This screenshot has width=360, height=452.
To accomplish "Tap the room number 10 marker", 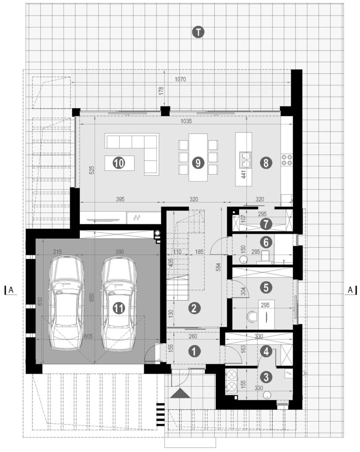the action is [x=119, y=163].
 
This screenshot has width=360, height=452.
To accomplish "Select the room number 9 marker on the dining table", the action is [x=198, y=163].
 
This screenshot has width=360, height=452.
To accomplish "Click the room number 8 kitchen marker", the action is [x=265, y=163].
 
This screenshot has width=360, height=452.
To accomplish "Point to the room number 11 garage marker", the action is [x=118, y=309].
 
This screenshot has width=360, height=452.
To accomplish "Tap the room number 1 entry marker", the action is [x=194, y=351].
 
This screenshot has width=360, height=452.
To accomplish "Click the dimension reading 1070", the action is [x=180, y=79].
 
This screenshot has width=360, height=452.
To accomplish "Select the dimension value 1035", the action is [x=186, y=121].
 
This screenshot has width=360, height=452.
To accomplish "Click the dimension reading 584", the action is [x=218, y=267].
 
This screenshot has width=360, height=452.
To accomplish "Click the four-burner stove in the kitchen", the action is [x=287, y=160].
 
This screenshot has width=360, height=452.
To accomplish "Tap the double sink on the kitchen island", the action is [x=246, y=160].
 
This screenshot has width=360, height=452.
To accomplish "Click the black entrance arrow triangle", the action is [x=180, y=393].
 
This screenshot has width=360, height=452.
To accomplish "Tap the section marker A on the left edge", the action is [x=11, y=290].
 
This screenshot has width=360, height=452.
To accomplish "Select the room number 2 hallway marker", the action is [x=194, y=309].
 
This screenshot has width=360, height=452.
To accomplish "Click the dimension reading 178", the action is [x=161, y=91].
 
